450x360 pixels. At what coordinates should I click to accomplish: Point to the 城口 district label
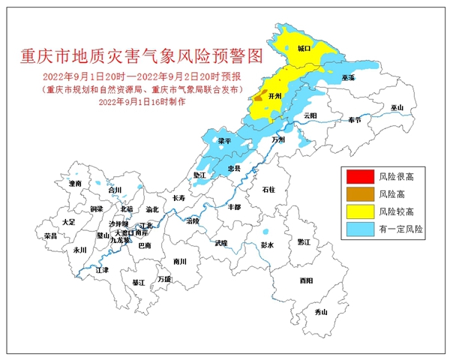303,47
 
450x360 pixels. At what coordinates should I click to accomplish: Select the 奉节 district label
353,120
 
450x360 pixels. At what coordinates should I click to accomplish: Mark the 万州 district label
278,139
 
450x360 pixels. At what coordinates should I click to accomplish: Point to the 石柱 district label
268,190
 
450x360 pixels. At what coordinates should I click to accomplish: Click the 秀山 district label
321,311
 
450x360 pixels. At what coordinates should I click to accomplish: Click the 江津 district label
102,269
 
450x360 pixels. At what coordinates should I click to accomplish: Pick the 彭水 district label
268,245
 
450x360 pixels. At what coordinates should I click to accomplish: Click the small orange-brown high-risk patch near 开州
258,97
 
